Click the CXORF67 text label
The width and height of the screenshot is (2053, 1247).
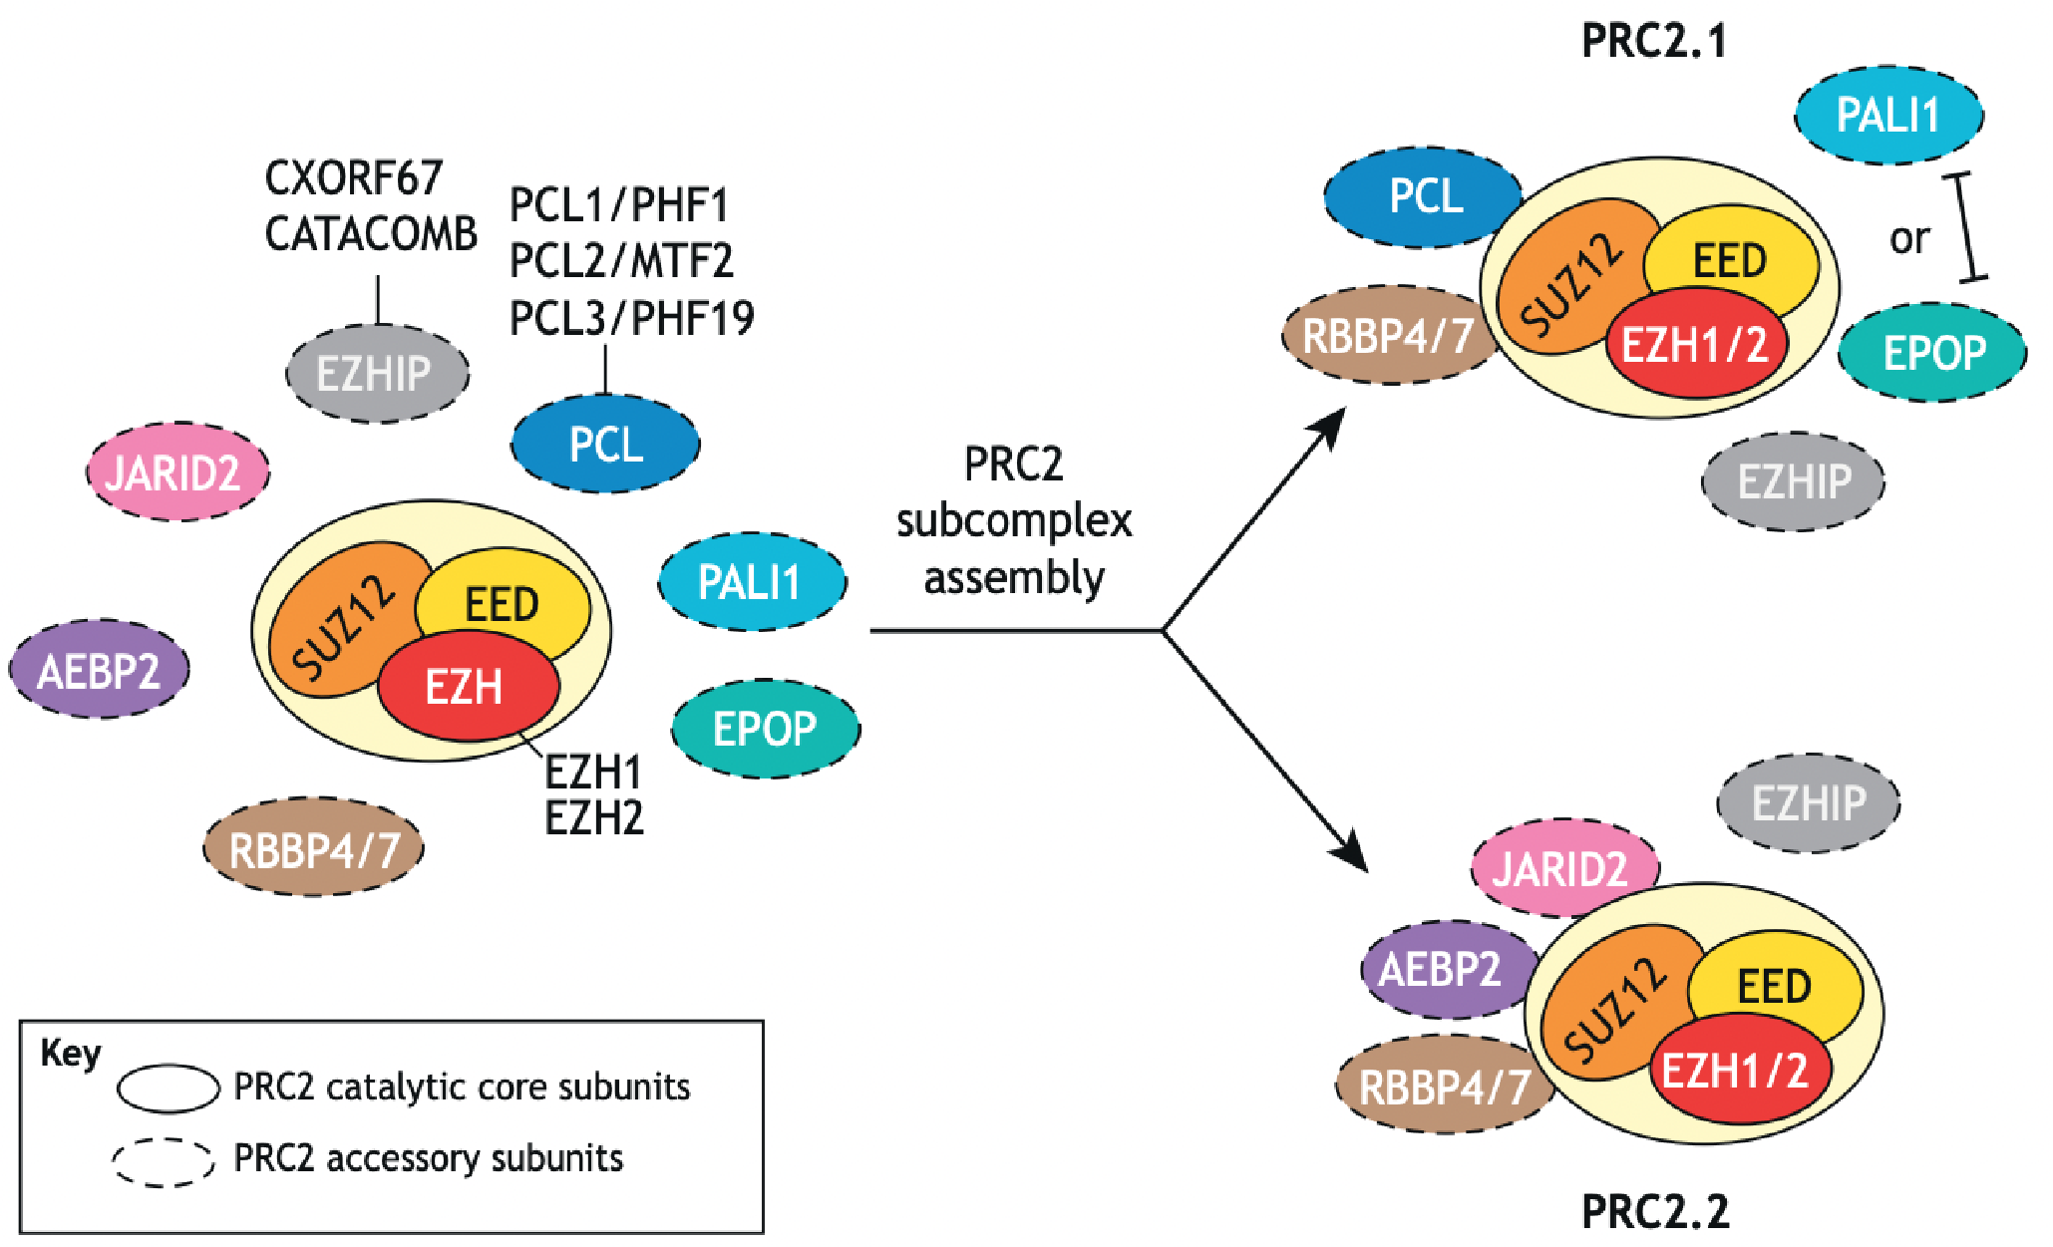(x=353, y=178)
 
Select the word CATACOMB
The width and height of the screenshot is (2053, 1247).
(x=371, y=234)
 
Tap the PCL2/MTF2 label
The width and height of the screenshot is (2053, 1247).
(x=621, y=261)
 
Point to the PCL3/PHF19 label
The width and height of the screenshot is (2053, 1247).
(x=631, y=318)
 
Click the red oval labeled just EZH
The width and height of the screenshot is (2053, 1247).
(x=465, y=688)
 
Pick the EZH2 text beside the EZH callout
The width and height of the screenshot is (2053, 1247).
(x=593, y=818)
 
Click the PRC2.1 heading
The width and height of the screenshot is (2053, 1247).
(x=1653, y=41)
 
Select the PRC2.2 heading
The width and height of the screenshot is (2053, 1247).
(x=1655, y=1211)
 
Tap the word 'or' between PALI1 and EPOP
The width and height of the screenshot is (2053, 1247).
(x=1908, y=238)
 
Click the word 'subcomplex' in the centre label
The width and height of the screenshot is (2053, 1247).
(x=1014, y=521)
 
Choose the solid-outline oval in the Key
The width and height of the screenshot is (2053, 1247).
(x=168, y=1088)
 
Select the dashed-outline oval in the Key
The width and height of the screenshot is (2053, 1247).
(x=163, y=1161)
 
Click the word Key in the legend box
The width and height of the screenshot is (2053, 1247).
(x=71, y=1054)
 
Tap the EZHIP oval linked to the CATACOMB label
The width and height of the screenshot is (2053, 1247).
(x=377, y=374)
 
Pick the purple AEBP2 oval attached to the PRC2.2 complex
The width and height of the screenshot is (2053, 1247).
(x=1443, y=969)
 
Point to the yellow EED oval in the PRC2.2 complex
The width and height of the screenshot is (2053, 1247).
(x=1774, y=986)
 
